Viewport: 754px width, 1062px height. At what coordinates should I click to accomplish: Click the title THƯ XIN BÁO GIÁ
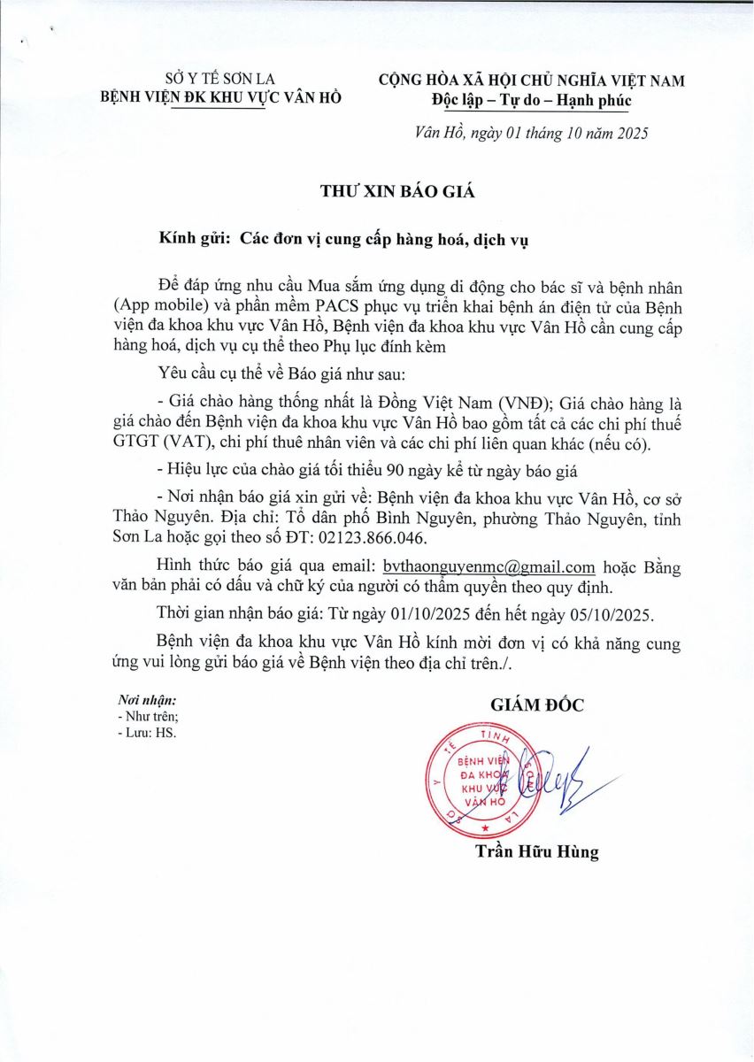coord(378,190)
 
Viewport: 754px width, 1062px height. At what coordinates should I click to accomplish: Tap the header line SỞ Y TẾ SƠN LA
coord(221,80)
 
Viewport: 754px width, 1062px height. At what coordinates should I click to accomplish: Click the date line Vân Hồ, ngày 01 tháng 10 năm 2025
coord(532,134)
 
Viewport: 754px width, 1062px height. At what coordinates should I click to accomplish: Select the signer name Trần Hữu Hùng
coord(536,853)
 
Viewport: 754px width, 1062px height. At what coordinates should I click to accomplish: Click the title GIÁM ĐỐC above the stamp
coord(537,705)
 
